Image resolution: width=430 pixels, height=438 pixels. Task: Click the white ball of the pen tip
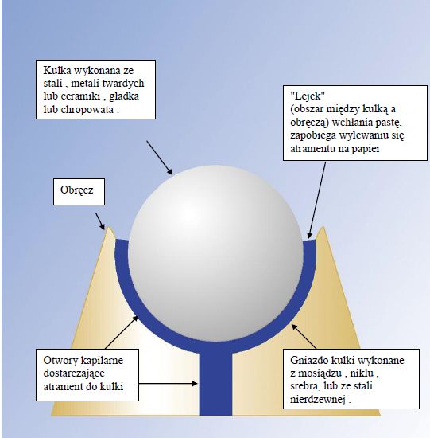215,252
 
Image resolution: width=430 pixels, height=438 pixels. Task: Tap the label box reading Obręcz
79,192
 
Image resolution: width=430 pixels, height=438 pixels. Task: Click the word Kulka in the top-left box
57,70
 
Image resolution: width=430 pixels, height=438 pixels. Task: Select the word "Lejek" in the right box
308,96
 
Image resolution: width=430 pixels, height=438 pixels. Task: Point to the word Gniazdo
308,360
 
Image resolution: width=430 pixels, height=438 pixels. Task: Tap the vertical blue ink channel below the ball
215,383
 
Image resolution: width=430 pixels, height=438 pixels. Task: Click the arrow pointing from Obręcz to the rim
100,221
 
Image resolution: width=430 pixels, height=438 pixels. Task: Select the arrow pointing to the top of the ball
160,158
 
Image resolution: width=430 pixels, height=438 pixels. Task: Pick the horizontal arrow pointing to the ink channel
169,384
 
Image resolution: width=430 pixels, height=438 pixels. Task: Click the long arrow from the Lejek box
316,200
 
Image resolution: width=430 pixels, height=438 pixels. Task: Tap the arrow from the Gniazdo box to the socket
304,336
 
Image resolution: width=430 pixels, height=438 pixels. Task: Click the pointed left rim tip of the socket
109,227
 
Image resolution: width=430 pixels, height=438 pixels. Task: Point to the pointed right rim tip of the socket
323,227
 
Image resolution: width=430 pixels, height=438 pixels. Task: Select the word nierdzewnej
318,400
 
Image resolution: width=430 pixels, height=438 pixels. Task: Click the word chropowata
87,110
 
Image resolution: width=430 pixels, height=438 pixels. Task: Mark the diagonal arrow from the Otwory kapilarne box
122,332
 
